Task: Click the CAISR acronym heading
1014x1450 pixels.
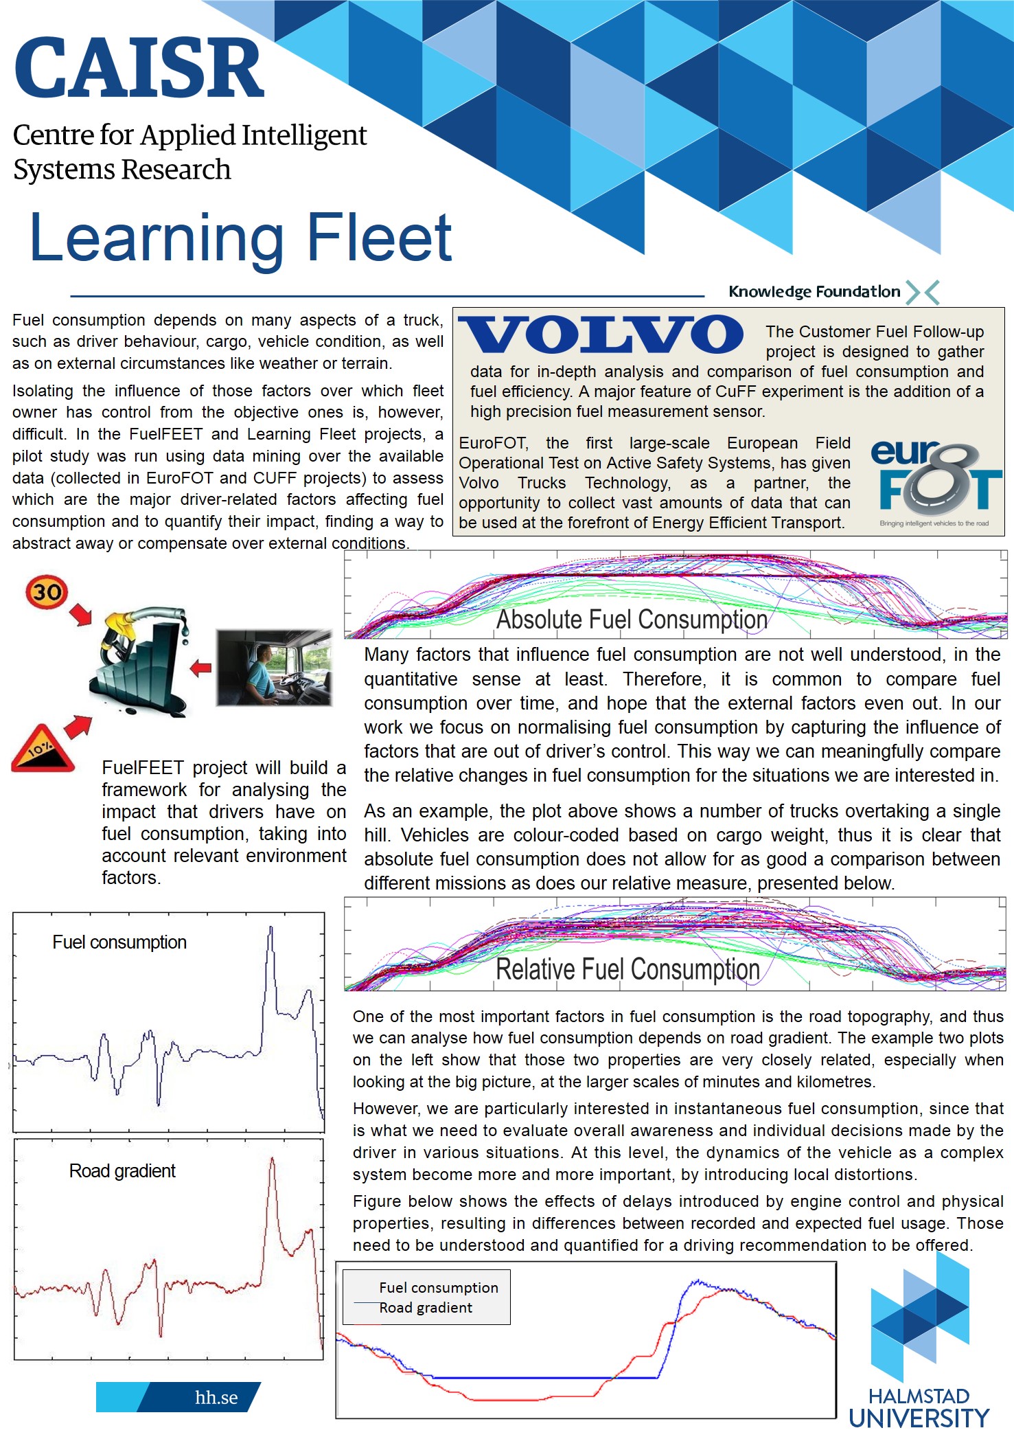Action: (x=139, y=69)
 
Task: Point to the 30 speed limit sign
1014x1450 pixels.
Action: (x=47, y=591)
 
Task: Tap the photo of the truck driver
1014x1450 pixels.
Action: (x=274, y=667)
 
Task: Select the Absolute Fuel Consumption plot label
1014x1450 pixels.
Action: (x=632, y=620)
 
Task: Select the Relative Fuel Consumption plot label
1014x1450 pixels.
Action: (x=627, y=969)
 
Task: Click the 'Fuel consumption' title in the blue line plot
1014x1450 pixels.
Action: (x=119, y=942)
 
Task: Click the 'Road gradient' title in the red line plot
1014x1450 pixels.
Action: (x=122, y=1170)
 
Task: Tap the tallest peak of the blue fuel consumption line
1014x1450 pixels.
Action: (x=270, y=929)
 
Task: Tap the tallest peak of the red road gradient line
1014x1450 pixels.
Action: (x=273, y=1159)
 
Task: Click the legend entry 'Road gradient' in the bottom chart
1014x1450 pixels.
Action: (x=426, y=1307)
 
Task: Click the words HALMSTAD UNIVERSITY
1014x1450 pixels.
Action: (x=919, y=1408)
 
